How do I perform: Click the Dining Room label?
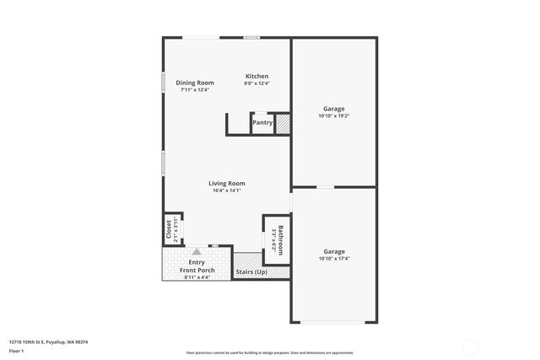195,83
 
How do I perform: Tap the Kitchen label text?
256,76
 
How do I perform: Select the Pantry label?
262,122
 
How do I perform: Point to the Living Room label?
227,183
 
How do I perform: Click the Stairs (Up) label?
251,272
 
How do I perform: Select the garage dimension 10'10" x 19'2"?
334,116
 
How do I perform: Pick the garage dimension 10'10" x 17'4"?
334,259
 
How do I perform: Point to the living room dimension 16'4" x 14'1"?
227,191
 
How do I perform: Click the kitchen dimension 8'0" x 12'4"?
256,83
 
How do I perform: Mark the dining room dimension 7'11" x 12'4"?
195,90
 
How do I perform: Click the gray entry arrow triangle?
197,251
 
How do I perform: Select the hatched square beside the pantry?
283,123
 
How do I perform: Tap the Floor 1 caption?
16,350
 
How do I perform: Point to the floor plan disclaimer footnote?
270,352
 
